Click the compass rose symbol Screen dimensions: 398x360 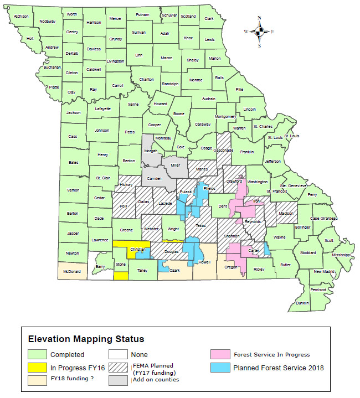[x=259, y=32]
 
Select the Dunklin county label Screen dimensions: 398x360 [x=302, y=303]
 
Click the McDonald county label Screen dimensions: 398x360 [x=72, y=272]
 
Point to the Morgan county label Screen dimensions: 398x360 [x=151, y=151]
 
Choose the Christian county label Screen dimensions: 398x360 [x=137, y=250]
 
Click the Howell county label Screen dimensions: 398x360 [x=204, y=262]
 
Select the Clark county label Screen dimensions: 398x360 [x=209, y=18]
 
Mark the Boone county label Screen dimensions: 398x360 [x=178, y=114]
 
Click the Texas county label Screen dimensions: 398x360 [x=200, y=225]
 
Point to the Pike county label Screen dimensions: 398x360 [x=239, y=89]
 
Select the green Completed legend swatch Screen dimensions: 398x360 [x=39, y=355]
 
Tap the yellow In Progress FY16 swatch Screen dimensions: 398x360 [x=39, y=368]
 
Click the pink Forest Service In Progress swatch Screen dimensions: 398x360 [x=220, y=355]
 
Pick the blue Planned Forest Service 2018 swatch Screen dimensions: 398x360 [x=220, y=368]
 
